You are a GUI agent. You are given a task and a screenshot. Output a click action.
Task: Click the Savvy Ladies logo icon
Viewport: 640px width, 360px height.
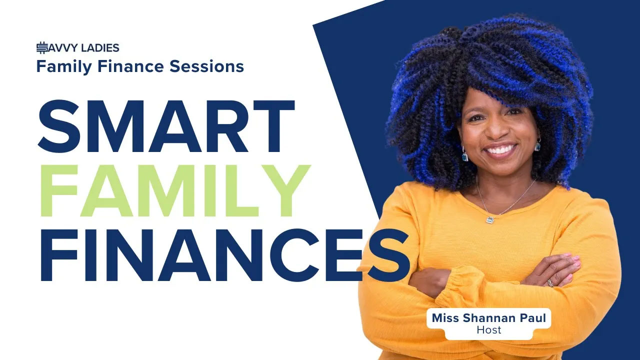coord(42,47)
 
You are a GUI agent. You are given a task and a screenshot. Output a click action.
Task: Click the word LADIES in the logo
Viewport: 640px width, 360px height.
coord(100,48)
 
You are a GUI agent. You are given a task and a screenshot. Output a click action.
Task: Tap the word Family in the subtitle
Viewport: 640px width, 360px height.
coord(64,67)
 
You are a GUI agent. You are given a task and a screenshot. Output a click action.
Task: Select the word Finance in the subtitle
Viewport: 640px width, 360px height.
coord(131,66)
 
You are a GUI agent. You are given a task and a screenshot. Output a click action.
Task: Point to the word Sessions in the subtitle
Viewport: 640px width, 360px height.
coord(206,66)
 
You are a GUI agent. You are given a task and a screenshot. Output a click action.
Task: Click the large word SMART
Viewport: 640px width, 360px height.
coord(166,126)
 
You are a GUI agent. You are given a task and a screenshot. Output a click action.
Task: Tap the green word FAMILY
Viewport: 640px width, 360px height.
coord(175,190)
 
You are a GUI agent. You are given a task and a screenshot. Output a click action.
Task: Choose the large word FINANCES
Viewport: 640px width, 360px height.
coord(225,255)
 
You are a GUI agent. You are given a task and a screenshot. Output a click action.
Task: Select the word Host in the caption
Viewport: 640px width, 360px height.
coord(489,330)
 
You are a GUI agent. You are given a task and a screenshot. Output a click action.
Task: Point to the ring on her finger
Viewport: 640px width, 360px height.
coord(550,283)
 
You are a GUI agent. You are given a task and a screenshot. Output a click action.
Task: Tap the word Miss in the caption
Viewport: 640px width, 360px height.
coord(445,318)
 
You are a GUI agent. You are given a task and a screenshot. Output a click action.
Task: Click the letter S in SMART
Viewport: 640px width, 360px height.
coord(59,126)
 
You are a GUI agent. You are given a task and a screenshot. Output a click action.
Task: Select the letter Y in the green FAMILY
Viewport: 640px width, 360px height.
coord(285,190)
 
